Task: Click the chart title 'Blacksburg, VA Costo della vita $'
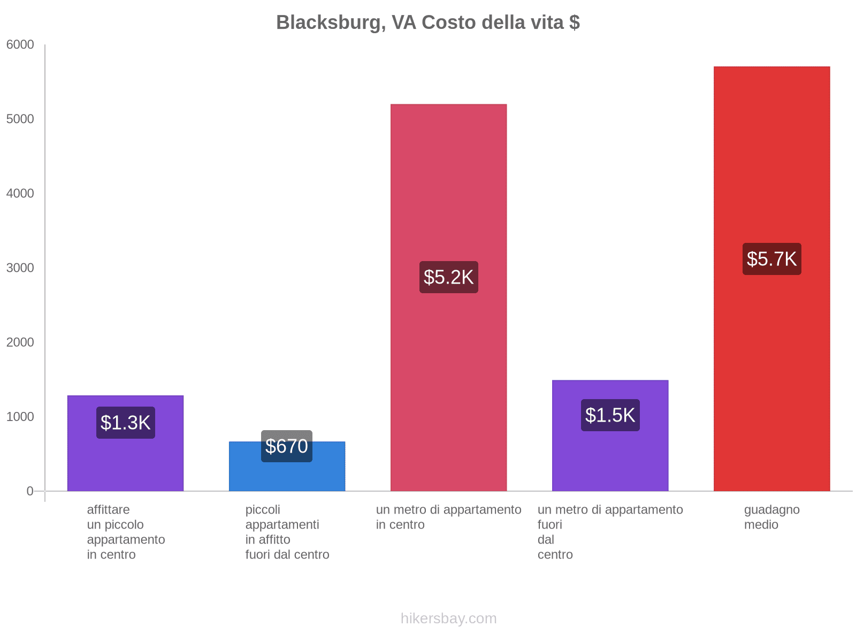[x=428, y=22]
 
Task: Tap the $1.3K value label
[x=126, y=423]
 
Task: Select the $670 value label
[x=287, y=446]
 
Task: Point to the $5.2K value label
[x=448, y=277]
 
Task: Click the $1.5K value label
[x=610, y=415]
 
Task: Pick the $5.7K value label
[x=771, y=259]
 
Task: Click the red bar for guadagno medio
[x=771, y=160]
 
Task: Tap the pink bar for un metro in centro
[x=448, y=187]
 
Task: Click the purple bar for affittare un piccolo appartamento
[x=126, y=465]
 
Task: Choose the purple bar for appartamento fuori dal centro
[x=610, y=460]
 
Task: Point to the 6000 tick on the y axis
[x=20, y=45]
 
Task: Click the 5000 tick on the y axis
[x=20, y=119]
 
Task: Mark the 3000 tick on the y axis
[x=20, y=268]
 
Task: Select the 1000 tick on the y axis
[x=20, y=417]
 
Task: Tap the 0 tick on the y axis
[x=30, y=491]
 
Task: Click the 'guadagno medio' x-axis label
[x=771, y=517]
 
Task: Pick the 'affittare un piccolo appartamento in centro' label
[x=126, y=532]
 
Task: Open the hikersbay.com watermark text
[x=448, y=618]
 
